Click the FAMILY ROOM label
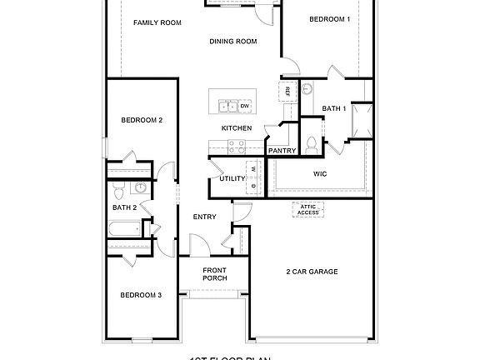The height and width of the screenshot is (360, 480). (157, 22)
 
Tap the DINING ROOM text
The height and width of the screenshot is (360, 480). (232, 41)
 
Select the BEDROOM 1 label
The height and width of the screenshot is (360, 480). (329, 18)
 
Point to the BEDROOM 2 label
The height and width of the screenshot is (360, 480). (142, 120)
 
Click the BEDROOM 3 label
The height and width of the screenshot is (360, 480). (141, 295)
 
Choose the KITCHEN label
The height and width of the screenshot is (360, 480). (236, 128)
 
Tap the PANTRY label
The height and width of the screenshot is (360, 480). (282, 151)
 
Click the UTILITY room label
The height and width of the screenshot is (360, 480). (232, 178)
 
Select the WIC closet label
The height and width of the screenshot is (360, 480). (319, 174)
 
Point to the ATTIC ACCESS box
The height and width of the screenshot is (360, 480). (308, 210)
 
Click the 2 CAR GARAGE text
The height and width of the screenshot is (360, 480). (312, 271)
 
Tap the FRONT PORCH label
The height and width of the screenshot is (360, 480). (215, 274)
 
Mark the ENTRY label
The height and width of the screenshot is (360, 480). (205, 217)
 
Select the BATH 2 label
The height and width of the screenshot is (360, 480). (124, 207)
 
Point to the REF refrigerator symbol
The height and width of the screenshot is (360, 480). (287, 90)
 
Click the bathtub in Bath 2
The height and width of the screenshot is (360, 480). (126, 229)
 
